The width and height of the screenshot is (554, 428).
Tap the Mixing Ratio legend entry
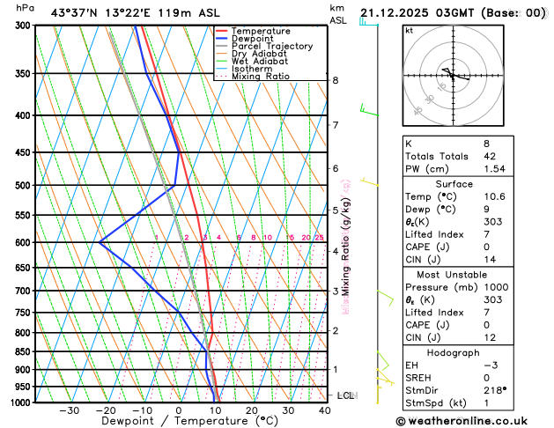click(x=259, y=77)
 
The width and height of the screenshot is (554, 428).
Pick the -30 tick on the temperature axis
click(x=69, y=410)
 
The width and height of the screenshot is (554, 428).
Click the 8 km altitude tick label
click(x=335, y=80)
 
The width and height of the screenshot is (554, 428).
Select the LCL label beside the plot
click(x=345, y=396)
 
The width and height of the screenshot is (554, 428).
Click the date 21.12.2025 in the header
click(x=397, y=13)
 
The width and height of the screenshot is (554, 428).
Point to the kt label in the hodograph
click(x=409, y=30)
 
